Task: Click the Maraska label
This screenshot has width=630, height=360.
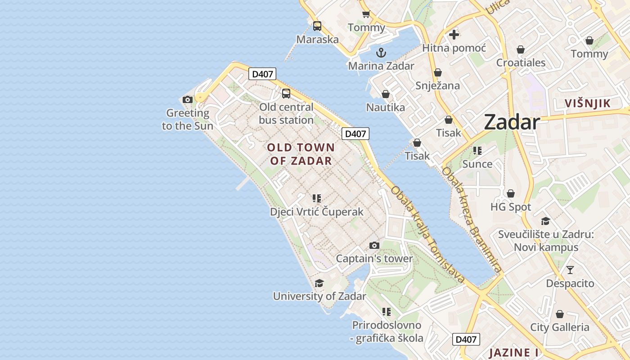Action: click(318, 39)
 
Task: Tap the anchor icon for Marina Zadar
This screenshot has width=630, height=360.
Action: click(381, 53)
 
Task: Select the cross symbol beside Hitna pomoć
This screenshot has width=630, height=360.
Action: click(454, 34)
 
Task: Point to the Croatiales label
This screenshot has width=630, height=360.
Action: click(521, 63)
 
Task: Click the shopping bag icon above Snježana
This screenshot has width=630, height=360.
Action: click(437, 72)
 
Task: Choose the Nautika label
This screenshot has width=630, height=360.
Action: click(385, 107)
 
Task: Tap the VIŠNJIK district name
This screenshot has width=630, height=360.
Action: click(588, 103)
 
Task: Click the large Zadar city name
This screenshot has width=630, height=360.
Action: click(512, 122)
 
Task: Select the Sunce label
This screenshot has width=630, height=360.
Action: click(477, 164)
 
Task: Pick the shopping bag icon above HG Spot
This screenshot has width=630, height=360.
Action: click(510, 193)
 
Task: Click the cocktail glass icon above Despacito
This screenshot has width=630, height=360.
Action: click(570, 270)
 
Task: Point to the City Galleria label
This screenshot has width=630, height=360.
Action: click(559, 327)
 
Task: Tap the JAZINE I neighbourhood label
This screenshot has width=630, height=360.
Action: click(514, 352)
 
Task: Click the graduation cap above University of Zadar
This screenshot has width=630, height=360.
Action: click(319, 283)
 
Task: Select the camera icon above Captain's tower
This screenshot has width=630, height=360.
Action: click(374, 245)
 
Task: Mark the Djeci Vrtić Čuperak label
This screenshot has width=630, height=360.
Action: click(316, 211)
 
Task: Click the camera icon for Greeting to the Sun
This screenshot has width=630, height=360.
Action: click(188, 99)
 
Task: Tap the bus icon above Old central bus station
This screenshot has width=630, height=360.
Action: click(286, 94)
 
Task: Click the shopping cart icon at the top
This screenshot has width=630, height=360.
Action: click(366, 14)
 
